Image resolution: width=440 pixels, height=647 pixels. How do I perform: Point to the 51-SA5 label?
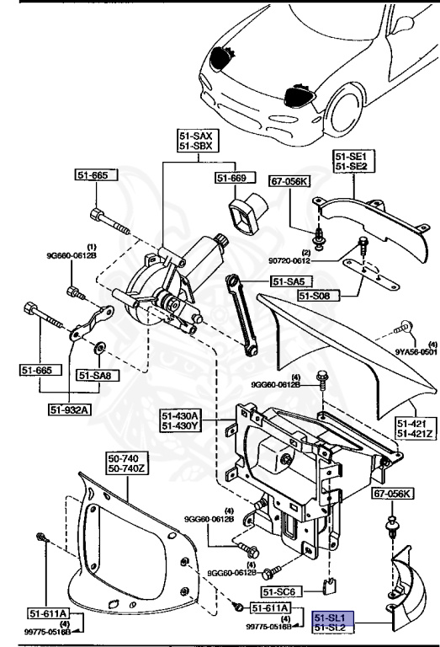point(288,281)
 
